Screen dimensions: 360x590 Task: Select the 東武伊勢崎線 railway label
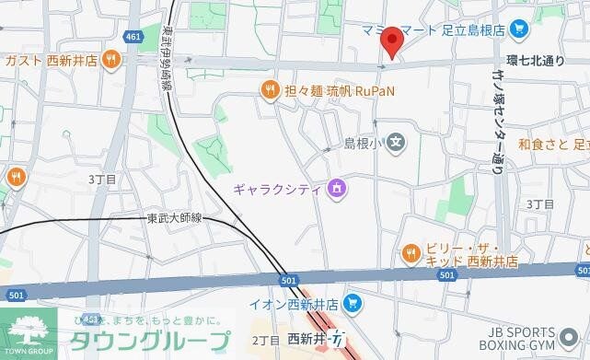(x=167, y=56)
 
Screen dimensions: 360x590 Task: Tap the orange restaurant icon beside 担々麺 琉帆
(x=269, y=90)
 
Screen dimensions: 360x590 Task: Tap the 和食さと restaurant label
(x=552, y=144)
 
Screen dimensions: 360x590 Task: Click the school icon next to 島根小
(x=395, y=143)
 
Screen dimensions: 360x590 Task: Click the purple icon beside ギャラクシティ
(x=337, y=190)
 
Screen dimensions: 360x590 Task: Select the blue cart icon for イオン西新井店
(x=351, y=303)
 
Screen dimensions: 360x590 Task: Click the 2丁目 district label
(x=264, y=339)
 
